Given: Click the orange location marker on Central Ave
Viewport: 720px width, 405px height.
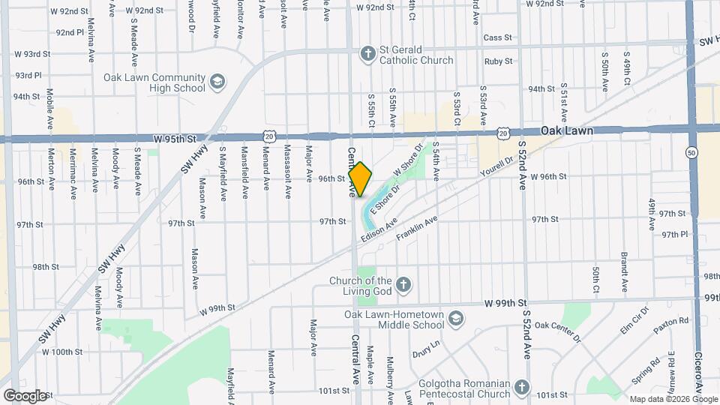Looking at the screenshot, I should pyautogui.click(x=360, y=178).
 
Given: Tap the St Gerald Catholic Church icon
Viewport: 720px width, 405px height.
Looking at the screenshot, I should pyautogui.click(x=367, y=52).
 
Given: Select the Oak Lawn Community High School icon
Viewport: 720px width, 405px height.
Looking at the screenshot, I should pyautogui.click(x=217, y=81).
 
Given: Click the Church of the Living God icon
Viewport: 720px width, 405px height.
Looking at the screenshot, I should pyautogui.click(x=403, y=283).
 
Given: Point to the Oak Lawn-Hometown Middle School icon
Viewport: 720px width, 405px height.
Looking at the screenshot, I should pyautogui.click(x=455, y=319).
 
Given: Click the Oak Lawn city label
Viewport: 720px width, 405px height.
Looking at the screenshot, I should pyautogui.click(x=567, y=130).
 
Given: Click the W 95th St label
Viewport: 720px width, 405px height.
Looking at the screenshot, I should pyautogui.click(x=175, y=139).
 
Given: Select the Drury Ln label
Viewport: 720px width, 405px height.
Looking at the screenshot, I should pyautogui.click(x=425, y=351).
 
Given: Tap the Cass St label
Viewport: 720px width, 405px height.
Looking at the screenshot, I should pyautogui.click(x=497, y=37).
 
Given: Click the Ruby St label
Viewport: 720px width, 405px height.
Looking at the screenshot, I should pyautogui.click(x=498, y=61).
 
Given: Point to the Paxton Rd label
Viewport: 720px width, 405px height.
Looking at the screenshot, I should pyautogui.click(x=670, y=321).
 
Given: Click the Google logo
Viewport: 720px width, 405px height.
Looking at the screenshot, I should pyautogui.click(x=24, y=395).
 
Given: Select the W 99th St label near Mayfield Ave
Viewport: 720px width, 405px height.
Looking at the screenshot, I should pyautogui.click(x=217, y=308).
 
